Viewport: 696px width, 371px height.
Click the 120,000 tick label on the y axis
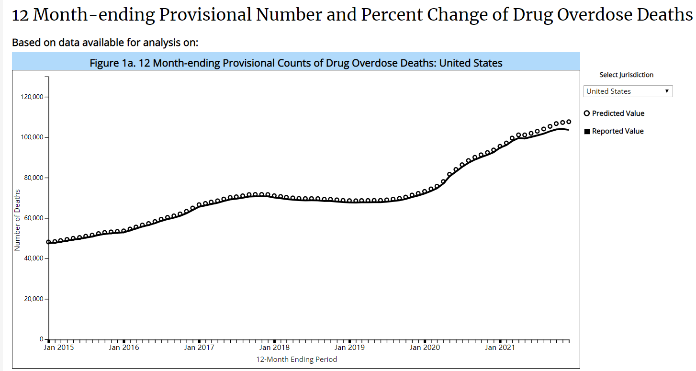tap(31, 97)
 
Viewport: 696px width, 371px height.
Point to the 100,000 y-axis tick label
tap(31, 137)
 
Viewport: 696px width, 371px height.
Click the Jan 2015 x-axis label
tap(59, 348)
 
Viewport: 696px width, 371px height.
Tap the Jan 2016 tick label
tap(124, 348)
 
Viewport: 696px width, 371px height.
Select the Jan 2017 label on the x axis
tap(199, 348)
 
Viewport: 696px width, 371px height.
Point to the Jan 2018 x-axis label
tap(274, 348)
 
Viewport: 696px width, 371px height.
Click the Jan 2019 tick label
tap(349, 348)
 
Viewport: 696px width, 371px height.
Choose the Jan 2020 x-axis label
tap(425, 348)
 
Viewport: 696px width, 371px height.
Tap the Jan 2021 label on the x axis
tap(500, 348)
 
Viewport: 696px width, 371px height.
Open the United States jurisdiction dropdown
tap(628, 91)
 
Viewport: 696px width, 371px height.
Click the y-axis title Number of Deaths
tap(17, 220)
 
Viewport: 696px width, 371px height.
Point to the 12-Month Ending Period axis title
tap(296, 360)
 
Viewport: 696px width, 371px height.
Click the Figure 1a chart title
tap(296, 63)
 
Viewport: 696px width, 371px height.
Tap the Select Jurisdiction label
tap(626, 75)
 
